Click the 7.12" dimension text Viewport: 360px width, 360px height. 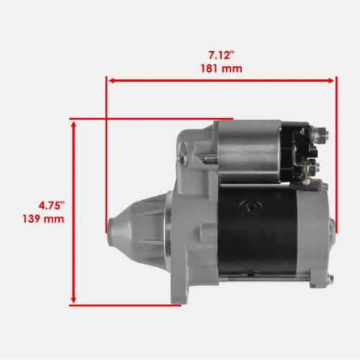[221, 55]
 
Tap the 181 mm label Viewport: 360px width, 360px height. [221, 68]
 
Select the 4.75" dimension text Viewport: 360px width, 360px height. [52, 206]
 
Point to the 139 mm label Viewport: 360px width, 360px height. [43, 219]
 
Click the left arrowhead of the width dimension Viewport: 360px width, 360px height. [112, 81]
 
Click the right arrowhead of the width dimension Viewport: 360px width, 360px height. [330, 81]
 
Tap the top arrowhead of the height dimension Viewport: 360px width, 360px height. [73, 125]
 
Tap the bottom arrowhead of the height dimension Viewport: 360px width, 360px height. [73, 300]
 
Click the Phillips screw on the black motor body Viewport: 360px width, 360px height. [251, 208]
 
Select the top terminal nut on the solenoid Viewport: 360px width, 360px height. [320, 135]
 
